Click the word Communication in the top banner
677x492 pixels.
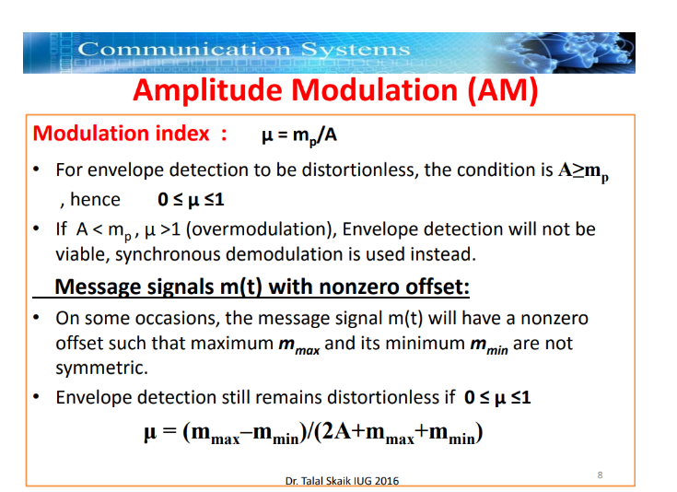(x=183, y=49)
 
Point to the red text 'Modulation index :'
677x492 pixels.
(x=130, y=134)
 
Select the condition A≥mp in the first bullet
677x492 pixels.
(x=582, y=171)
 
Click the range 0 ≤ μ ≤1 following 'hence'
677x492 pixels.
(x=193, y=199)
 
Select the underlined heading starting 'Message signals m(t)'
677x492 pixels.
(x=262, y=287)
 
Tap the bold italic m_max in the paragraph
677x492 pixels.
(x=298, y=345)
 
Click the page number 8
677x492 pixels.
(x=600, y=474)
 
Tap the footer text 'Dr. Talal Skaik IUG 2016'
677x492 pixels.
(x=343, y=481)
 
